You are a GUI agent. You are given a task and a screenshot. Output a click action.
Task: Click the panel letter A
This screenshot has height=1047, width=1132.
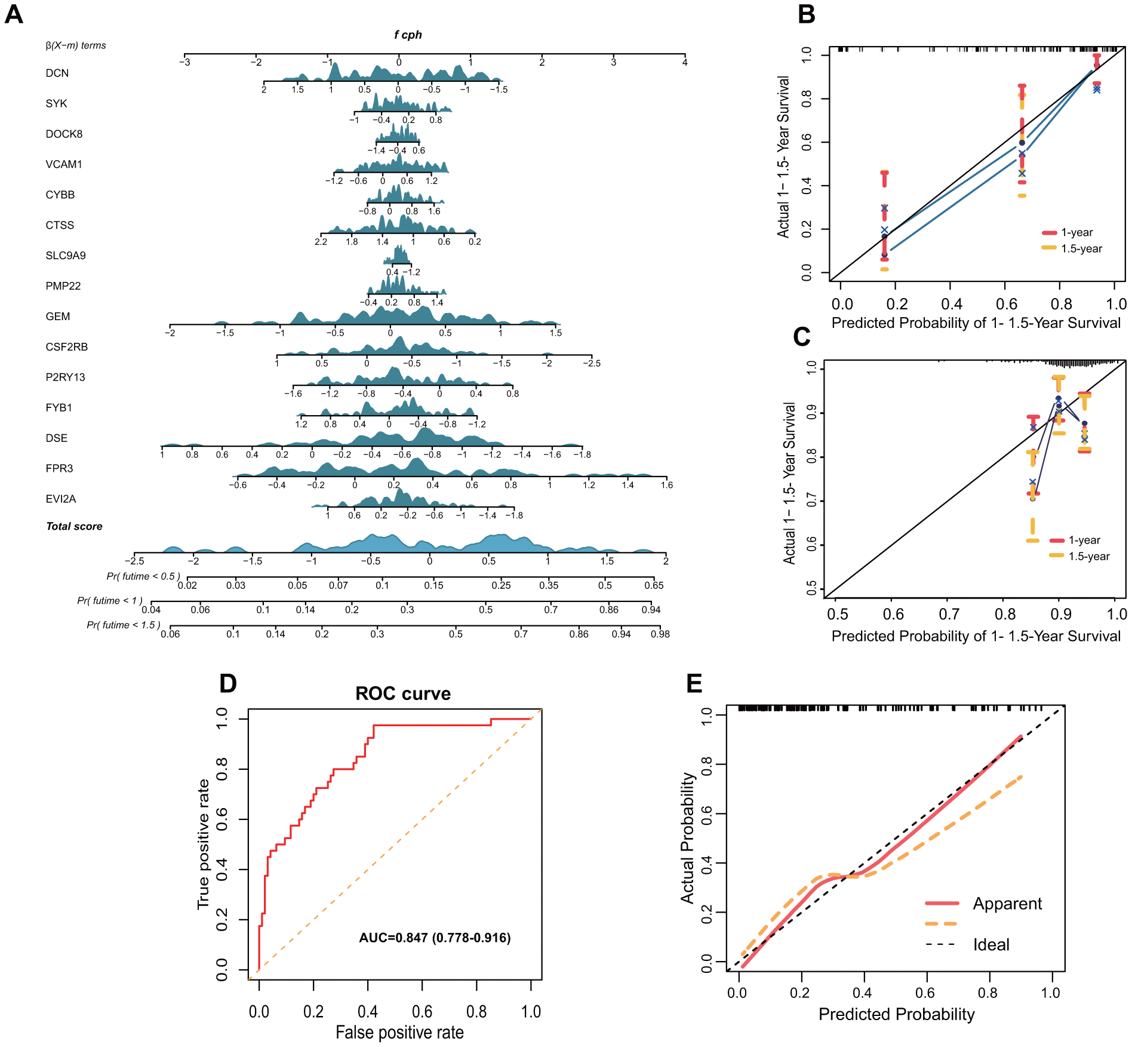(14, 14)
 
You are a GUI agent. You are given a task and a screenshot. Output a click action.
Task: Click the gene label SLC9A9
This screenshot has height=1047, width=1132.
(66, 256)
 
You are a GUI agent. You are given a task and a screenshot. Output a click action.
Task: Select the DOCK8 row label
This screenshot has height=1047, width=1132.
(64, 134)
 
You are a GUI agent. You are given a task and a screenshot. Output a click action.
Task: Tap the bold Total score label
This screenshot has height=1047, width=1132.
(74, 526)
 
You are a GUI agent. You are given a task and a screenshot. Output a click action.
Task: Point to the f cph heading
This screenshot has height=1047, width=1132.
(408, 35)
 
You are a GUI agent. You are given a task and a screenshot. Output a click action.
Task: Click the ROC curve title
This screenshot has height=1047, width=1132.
(403, 693)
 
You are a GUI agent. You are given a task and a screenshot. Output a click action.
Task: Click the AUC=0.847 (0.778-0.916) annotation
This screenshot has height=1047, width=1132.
(435, 938)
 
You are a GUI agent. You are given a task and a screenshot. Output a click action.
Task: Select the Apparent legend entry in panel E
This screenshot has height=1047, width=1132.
(1007, 904)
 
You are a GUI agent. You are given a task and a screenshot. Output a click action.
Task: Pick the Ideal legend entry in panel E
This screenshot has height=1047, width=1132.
(991, 945)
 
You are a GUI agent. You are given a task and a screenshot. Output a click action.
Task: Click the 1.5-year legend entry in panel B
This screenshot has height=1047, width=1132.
(1081, 248)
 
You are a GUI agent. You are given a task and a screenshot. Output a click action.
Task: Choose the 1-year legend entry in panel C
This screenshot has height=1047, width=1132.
(1084, 540)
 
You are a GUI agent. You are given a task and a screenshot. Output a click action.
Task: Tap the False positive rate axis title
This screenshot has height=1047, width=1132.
(399, 1032)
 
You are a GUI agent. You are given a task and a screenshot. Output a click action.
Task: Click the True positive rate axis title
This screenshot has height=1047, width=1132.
(204, 844)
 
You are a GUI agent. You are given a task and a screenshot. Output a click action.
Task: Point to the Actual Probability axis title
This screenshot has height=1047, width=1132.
(688, 838)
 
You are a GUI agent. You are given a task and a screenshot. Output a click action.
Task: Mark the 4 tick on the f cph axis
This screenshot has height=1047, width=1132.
(685, 62)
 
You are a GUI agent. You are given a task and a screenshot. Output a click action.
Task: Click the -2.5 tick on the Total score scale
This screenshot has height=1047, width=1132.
(134, 561)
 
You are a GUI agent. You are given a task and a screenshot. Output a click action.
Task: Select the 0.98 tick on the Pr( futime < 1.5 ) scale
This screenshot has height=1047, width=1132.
(660, 634)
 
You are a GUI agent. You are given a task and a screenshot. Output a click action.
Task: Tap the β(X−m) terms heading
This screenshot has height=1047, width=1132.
(76, 45)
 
